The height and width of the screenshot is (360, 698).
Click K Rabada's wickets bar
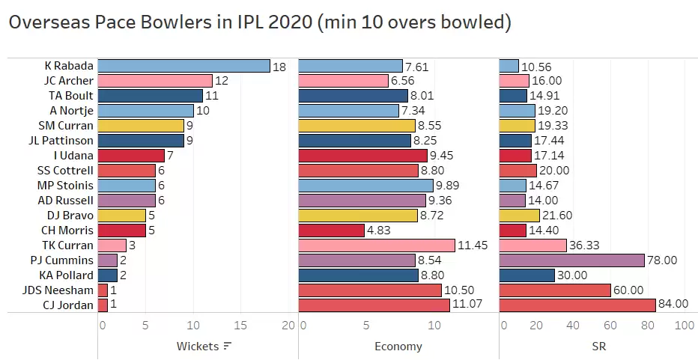pyautogui.click(x=183, y=66)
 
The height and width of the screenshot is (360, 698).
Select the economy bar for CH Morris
pyautogui.click(x=331, y=231)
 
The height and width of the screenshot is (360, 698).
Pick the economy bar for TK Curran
pyautogui.click(x=376, y=245)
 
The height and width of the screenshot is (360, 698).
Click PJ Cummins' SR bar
pyautogui.click(x=571, y=260)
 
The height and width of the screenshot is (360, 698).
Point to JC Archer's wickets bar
pyautogui.click(x=155, y=81)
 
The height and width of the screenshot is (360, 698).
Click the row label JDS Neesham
pyautogui.click(x=66, y=290)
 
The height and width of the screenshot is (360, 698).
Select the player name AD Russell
pyautogui.click(x=65, y=201)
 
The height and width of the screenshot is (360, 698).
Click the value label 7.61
pyautogui.click(x=417, y=67)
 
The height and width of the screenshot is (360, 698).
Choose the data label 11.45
pyautogui.click(x=473, y=245)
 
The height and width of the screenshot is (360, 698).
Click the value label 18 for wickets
pyautogui.click(x=279, y=67)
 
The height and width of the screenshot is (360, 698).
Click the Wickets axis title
pyautogui.click(x=198, y=346)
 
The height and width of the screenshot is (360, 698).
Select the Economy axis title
pyautogui.click(x=398, y=346)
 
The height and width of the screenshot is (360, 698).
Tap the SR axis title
pyautogui.click(x=598, y=346)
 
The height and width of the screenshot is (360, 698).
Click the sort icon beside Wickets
pyautogui.click(x=228, y=346)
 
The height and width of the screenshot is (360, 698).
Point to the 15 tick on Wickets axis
pyautogui.click(x=240, y=326)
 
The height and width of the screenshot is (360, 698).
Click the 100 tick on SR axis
pyautogui.click(x=684, y=326)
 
